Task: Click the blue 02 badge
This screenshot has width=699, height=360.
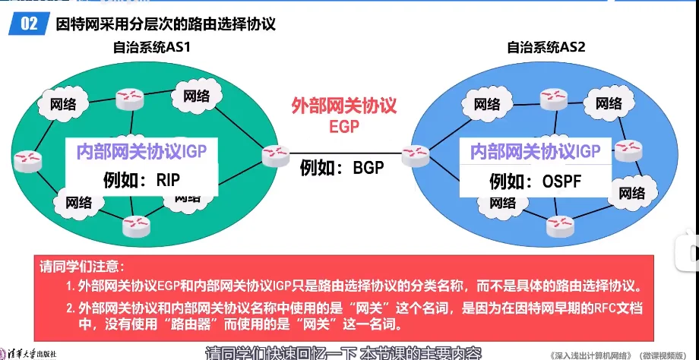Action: pos(30,24)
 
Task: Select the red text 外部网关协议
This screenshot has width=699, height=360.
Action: pos(344,106)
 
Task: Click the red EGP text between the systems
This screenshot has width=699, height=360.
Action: pos(344,125)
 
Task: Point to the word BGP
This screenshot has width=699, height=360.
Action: pos(368,167)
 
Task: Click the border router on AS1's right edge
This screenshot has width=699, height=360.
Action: pos(274,156)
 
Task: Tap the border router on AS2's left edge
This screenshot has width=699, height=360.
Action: pos(416,156)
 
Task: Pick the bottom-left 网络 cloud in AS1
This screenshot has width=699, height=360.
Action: pos(77,202)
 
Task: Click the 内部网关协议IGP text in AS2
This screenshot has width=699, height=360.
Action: pos(535,150)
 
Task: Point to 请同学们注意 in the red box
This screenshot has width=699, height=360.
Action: pos(79,267)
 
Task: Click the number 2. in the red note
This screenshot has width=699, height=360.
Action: pos(70,308)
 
